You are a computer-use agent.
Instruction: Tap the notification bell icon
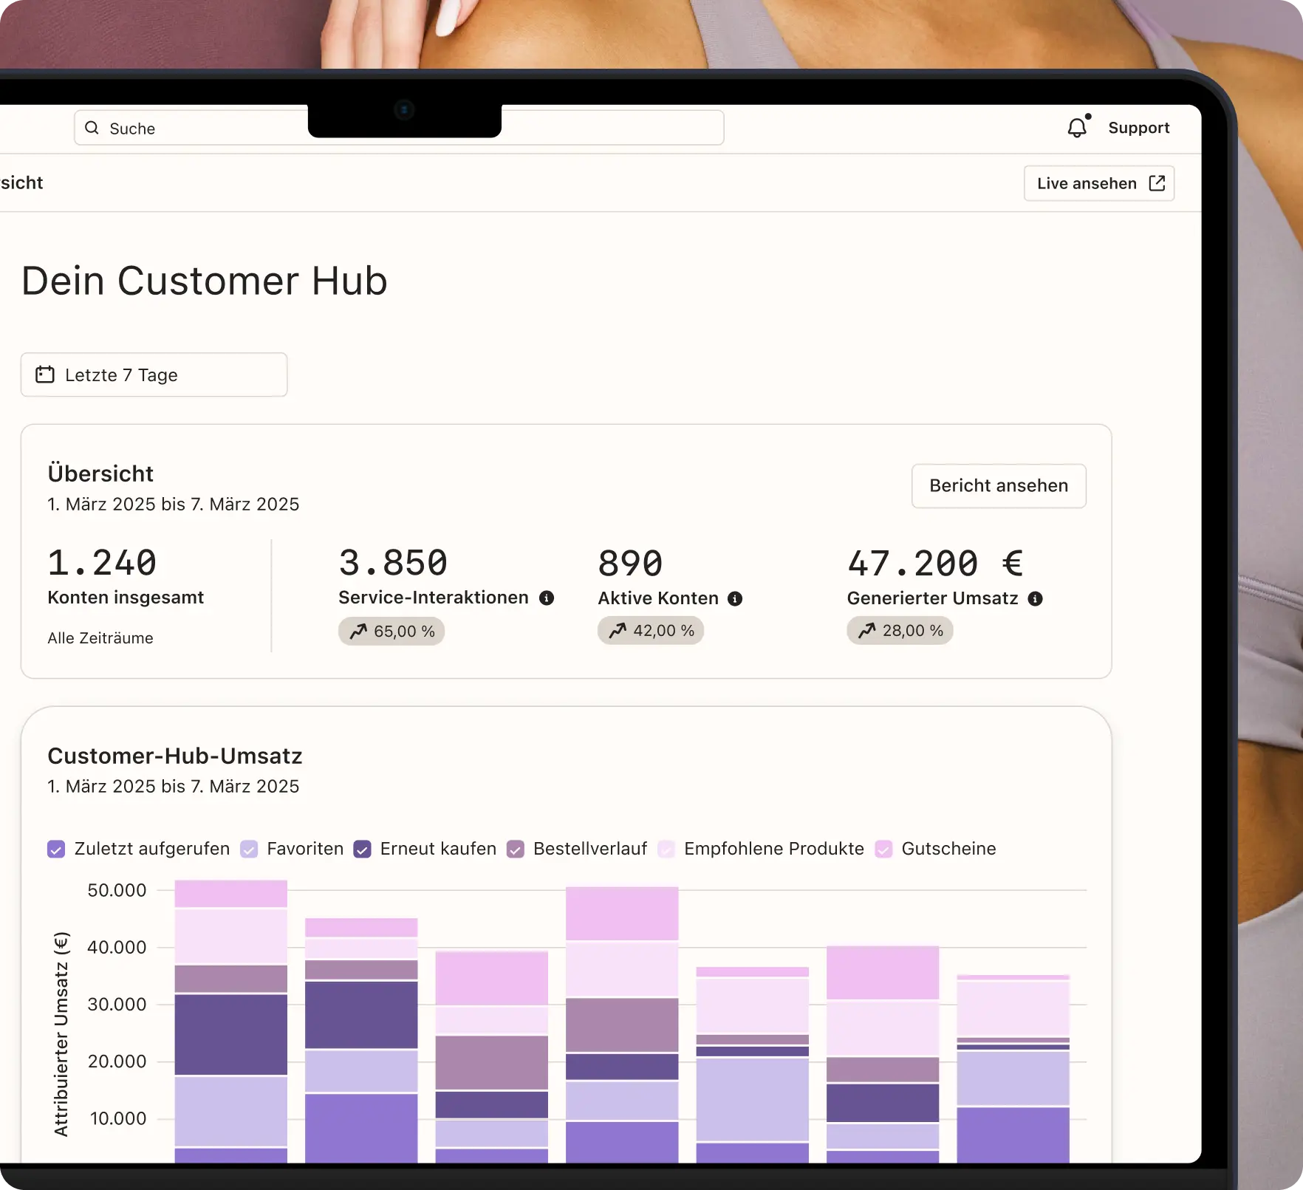[1077, 128]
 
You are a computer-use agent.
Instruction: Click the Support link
[1138, 128]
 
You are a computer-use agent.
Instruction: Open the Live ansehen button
[1098, 183]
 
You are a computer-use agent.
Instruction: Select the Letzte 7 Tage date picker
[154, 375]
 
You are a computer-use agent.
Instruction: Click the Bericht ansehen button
[998, 486]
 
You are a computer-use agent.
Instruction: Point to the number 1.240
[102, 563]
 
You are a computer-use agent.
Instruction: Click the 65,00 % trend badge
[391, 632]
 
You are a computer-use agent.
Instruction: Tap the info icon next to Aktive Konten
[735, 599]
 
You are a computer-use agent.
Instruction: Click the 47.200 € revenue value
[934, 564]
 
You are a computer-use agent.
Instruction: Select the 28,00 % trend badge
[900, 631]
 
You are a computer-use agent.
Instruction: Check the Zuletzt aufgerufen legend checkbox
[56, 849]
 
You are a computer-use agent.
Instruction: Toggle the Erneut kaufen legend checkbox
[362, 849]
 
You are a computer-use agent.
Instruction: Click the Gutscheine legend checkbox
[883, 849]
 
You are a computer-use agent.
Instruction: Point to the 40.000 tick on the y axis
[117, 948]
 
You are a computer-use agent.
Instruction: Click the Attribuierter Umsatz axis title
[61, 1034]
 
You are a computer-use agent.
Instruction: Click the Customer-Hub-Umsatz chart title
[175, 756]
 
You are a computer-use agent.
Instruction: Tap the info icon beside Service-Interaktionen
[547, 598]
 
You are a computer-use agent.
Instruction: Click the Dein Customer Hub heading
[205, 281]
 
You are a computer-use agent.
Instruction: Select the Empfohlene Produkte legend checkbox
[666, 849]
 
